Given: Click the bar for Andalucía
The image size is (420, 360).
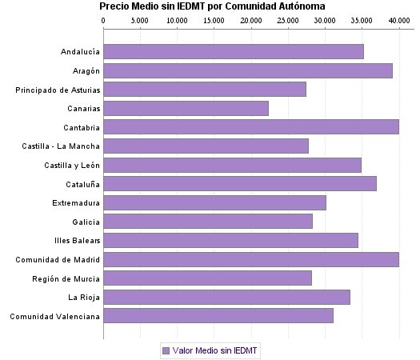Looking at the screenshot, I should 233,52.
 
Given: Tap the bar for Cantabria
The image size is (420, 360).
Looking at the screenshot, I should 250,127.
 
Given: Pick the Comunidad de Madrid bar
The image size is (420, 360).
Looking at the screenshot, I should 250,259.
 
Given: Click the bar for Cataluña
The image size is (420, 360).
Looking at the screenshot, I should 239,184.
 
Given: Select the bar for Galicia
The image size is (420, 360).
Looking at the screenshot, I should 207,222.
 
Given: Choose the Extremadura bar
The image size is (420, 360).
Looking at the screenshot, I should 214,202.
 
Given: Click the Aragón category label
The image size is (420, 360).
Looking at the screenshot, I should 84,71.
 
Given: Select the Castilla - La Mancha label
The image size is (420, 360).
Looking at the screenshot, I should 61,146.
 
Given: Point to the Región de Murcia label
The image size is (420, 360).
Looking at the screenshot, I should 66,278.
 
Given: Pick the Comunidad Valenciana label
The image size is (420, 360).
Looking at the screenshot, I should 54,316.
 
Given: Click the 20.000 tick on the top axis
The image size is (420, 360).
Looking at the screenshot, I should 251,19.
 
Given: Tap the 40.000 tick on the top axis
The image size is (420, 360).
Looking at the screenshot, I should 398,19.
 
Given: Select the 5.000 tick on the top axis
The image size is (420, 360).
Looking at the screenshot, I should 140,19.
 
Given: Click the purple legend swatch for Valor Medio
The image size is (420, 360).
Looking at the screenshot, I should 166,350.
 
